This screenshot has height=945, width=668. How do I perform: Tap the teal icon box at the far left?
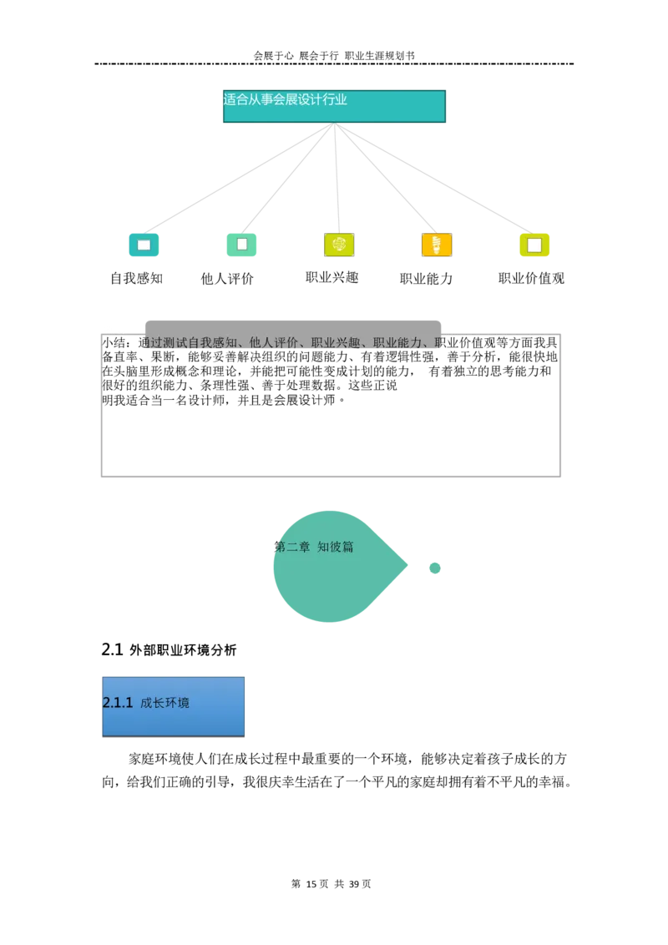click(144, 245)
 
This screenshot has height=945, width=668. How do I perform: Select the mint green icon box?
click(241, 245)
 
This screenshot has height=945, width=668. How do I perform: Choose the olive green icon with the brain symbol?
click(339, 245)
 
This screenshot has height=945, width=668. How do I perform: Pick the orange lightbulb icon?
click(437, 245)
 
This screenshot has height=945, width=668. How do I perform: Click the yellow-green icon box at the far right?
click(534, 245)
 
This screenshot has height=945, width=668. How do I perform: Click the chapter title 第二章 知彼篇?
click(314, 547)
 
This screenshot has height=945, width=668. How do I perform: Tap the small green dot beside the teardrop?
click(434, 568)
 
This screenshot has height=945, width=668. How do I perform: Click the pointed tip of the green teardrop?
click(407, 566)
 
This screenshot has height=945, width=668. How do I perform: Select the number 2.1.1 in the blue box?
click(118, 703)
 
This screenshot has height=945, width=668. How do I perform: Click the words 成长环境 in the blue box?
click(164, 703)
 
